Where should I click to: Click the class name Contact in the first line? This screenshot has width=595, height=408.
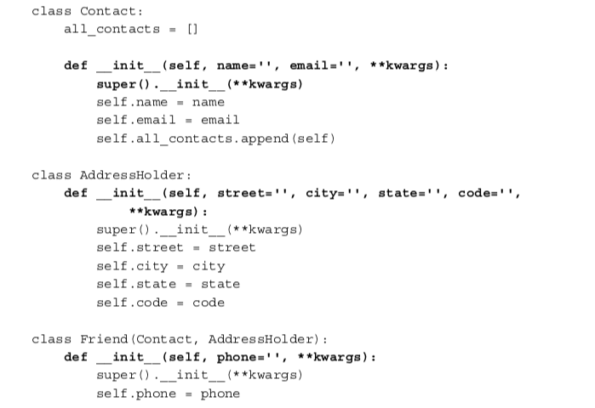pyautogui.click(x=108, y=11)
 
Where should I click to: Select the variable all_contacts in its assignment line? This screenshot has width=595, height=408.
pyautogui.click(x=112, y=29)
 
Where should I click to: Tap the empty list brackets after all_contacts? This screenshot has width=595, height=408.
pyautogui.click(x=192, y=29)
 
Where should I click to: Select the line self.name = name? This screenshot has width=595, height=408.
pyautogui.click(x=161, y=102)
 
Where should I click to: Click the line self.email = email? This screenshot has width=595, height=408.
pyautogui.click(x=169, y=120)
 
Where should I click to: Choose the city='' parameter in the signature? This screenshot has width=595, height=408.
pyautogui.click(x=332, y=193)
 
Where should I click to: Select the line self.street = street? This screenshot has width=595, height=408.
pyautogui.click(x=176, y=247)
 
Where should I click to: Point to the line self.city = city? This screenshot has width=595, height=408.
pyautogui.click(x=161, y=266)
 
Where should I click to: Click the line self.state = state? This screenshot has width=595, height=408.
pyautogui.click(x=169, y=284)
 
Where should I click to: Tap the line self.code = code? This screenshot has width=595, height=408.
pyautogui.click(x=161, y=303)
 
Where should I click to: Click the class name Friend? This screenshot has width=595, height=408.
pyautogui.click(x=104, y=339)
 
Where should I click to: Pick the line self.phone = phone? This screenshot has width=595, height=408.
pyautogui.click(x=169, y=394)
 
